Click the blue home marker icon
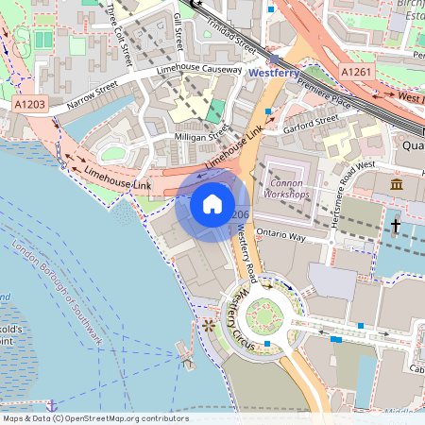[212, 204]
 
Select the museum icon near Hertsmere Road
[397, 183]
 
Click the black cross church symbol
[396, 226]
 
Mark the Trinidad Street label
[231, 35]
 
